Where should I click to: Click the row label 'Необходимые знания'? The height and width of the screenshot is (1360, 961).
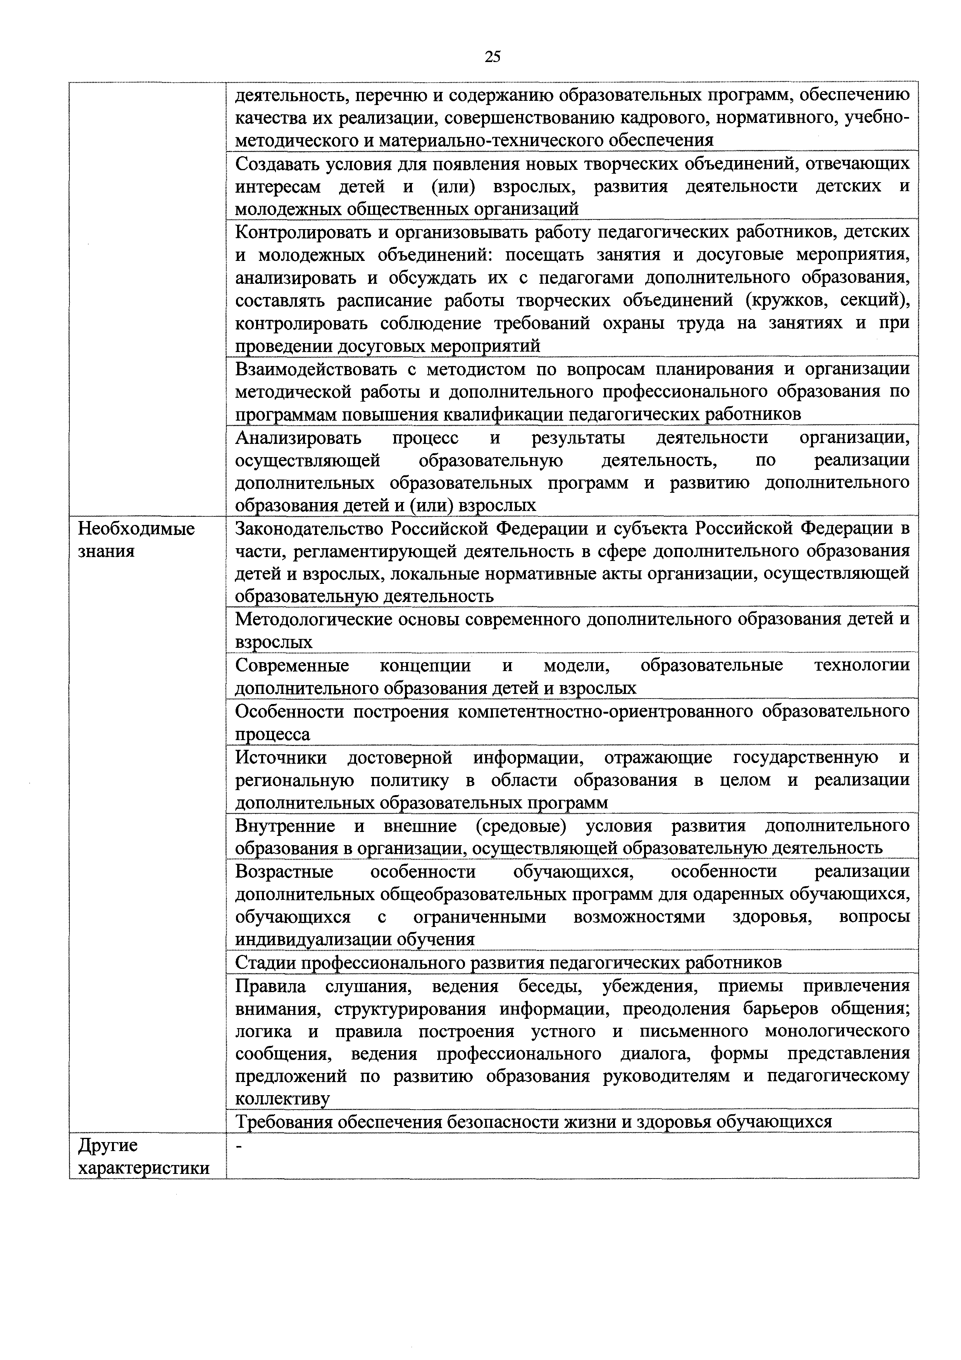tap(137, 540)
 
